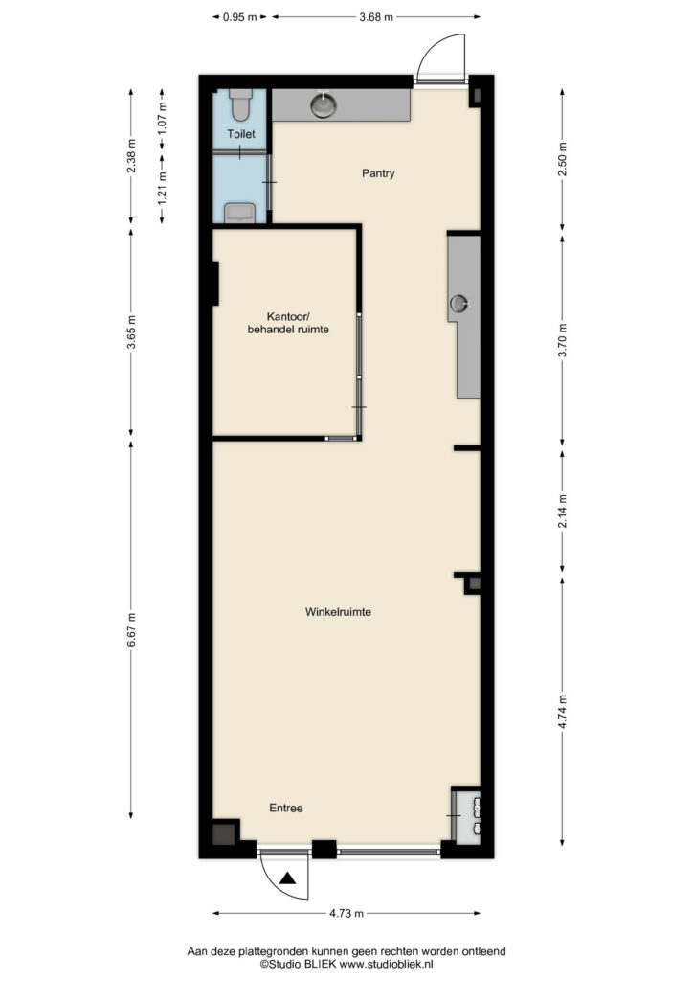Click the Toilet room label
coord(240,134)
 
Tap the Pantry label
coord(378,173)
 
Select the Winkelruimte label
coord(338,612)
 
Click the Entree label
coord(285,808)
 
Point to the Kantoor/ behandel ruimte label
coord(288,322)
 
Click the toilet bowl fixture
coord(240,104)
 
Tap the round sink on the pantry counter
coord(324,104)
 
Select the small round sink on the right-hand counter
coord(459,304)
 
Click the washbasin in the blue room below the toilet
coord(240,213)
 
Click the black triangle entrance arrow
coord(287,878)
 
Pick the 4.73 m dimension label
coord(346,913)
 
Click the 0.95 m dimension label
coord(240,17)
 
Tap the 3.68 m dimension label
coord(376,17)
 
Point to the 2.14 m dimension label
coord(563,512)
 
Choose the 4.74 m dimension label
coord(563,712)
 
